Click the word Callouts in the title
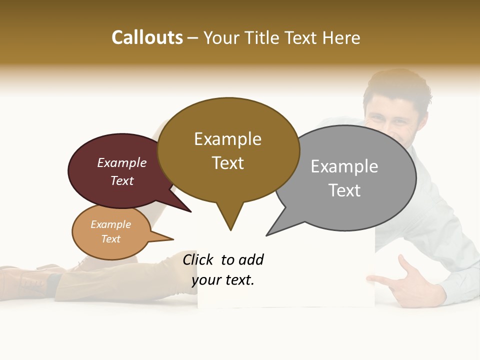click(147, 37)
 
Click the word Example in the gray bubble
click(344, 166)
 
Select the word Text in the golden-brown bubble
click(228, 163)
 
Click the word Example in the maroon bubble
click(122, 162)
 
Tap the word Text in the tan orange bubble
click(110, 239)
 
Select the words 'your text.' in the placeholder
click(223, 280)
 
